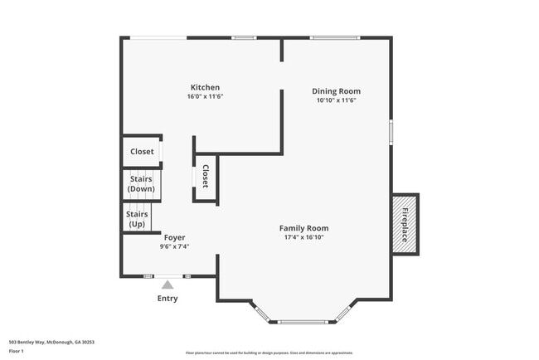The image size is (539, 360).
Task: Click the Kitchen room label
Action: click(205, 87)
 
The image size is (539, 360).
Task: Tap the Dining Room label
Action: click(336, 91)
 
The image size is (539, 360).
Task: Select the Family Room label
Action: click(303, 228)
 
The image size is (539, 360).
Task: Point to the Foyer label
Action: click(174, 237)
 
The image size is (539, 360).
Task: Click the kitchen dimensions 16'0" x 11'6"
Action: click(205, 97)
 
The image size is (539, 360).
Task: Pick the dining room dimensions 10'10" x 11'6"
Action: click(336, 100)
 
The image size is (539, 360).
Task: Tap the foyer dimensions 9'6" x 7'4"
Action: click(174, 246)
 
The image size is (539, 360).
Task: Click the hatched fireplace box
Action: click(405, 224)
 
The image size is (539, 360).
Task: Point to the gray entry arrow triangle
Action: click(168, 285)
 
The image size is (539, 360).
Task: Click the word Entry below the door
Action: click(168, 299)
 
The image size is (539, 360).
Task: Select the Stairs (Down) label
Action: click(142, 184)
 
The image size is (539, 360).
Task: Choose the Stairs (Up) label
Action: click(137, 219)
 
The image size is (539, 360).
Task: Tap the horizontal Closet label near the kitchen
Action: click(142, 152)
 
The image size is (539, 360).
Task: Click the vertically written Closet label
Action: click(205, 177)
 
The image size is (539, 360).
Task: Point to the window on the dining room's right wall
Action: click(391, 133)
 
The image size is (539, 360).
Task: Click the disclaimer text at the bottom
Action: click(269, 353)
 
